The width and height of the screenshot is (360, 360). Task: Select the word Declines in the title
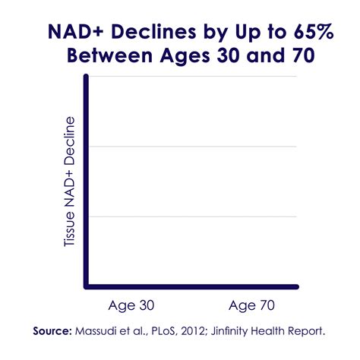click(x=153, y=32)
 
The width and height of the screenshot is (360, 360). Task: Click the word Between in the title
click(x=109, y=55)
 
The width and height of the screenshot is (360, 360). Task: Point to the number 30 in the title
click(x=228, y=55)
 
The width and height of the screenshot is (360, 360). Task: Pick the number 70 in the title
click(x=304, y=55)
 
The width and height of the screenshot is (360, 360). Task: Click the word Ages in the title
click(x=185, y=56)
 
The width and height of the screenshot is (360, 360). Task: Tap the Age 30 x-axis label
click(x=131, y=305)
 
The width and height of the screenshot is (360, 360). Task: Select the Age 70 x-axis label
click(x=251, y=305)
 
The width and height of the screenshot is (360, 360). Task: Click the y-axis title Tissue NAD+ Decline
click(x=69, y=182)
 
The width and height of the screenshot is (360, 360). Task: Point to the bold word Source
click(x=52, y=331)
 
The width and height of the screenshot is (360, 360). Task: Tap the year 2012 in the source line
click(x=192, y=331)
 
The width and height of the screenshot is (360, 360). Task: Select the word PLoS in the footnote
click(x=164, y=331)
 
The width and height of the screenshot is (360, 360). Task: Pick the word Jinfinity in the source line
click(x=229, y=332)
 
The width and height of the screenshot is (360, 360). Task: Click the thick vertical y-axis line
click(x=87, y=182)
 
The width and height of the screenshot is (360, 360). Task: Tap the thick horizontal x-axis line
click(x=191, y=286)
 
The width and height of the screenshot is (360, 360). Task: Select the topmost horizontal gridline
click(x=192, y=76)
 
